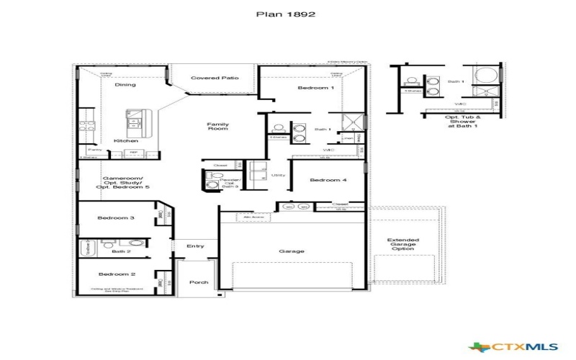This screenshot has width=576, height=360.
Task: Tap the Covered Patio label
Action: pyautogui.click(x=215, y=78)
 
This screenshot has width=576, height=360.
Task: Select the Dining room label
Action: pyautogui.click(x=125, y=85)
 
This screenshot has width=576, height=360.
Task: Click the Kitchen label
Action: pyautogui.click(x=126, y=140)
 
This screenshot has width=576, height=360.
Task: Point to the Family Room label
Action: pyautogui.click(x=217, y=127)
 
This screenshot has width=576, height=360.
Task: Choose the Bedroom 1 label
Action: pyautogui.click(x=316, y=88)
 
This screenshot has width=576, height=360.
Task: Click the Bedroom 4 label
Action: pyautogui.click(x=328, y=181)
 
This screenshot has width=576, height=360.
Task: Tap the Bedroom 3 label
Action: pyautogui.click(x=117, y=217)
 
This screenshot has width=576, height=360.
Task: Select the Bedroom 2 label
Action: pyautogui.click(x=117, y=274)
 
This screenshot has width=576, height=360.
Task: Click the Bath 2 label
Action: pyautogui.click(x=121, y=252)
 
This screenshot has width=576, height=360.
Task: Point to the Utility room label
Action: pyautogui.click(x=278, y=175)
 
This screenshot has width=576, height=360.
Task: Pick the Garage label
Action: pyautogui.click(x=292, y=251)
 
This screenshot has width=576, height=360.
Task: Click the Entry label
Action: pyautogui.click(x=195, y=246)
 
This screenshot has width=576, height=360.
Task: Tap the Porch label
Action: pyautogui.click(x=199, y=282)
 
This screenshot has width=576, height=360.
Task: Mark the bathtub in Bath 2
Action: pyautogui.click(x=89, y=248)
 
